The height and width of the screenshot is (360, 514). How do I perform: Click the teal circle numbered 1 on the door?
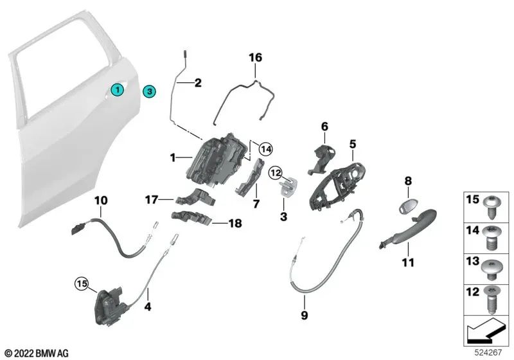click(117, 91)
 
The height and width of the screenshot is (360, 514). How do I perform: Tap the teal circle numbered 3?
click(148, 91)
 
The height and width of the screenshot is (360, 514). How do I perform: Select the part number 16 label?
click(256, 58)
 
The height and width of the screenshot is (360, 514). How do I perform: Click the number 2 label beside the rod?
click(197, 82)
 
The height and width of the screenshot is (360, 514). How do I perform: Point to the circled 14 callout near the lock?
click(265, 149)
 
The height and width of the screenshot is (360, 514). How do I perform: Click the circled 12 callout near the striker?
click(275, 172)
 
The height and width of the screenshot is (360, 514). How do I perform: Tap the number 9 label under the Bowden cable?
click(304, 315)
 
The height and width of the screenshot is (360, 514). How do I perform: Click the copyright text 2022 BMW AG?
click(37, 353)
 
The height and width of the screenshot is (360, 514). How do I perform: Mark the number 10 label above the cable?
click(101, 200)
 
